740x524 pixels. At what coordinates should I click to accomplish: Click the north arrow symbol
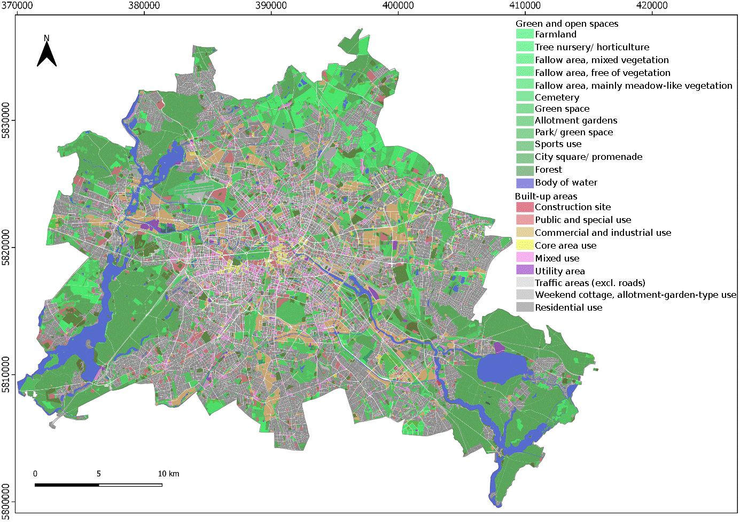pos(46,53)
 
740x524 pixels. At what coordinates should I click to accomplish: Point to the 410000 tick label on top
pos(525,6)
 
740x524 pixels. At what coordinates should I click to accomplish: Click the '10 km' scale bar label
pos(168,474)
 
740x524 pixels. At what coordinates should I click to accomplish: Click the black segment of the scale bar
pos(67,485)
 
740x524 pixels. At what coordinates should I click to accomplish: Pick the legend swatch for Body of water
pos(525,183)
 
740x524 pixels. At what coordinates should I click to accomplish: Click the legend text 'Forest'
pos(548,169)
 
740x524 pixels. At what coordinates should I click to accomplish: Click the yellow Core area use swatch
pos(525,245)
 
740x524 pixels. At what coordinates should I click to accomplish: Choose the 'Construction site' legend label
pos(572,207)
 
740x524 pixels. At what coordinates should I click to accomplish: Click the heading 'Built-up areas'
pos(546,196)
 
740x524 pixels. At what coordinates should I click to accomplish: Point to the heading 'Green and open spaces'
pos(566,24)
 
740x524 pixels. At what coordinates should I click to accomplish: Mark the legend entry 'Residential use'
pos(568,307)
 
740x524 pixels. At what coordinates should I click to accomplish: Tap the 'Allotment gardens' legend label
pos(575,120)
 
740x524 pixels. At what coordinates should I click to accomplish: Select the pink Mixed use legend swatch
pos(525,258)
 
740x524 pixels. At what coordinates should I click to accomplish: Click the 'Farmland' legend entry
pos(556,34)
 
